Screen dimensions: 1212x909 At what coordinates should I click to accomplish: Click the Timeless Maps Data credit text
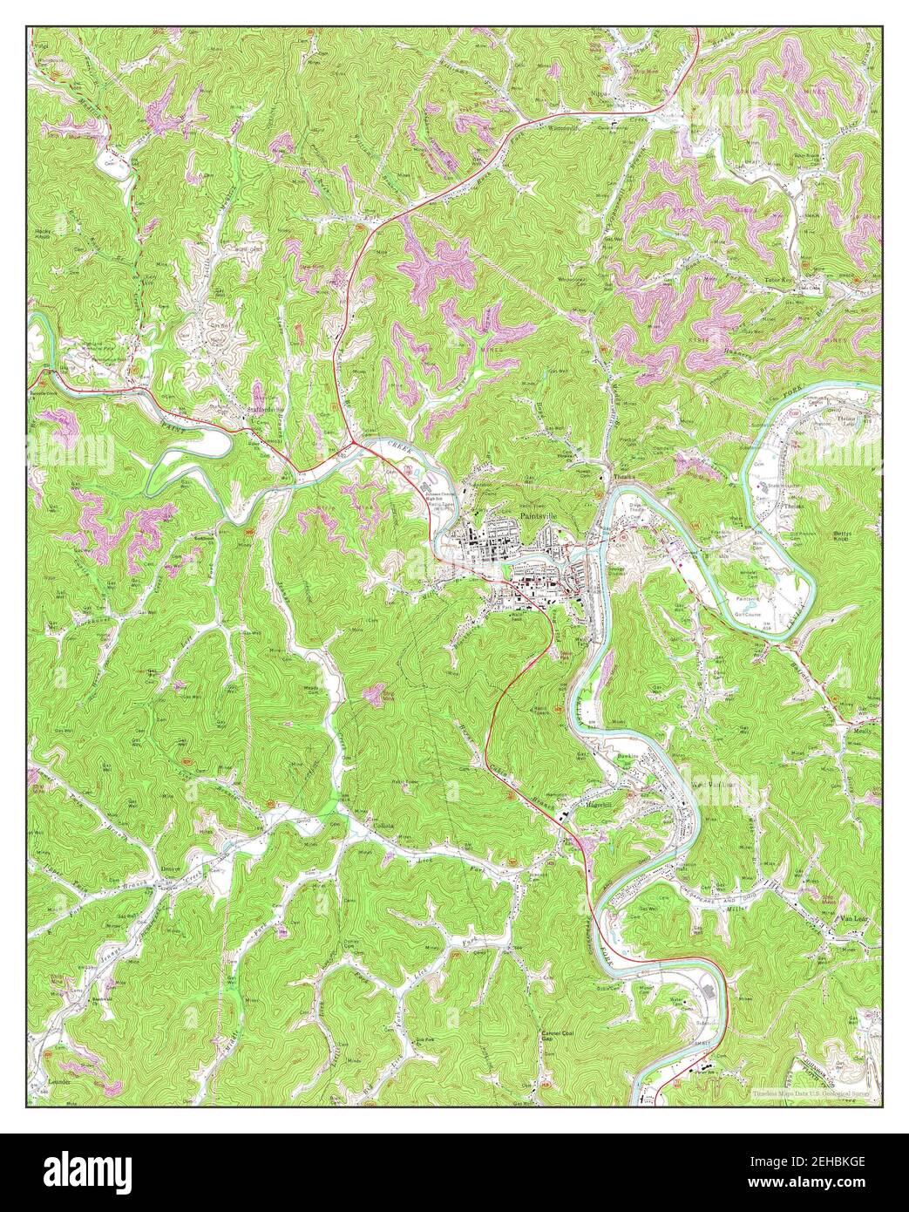pos(811,1091)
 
